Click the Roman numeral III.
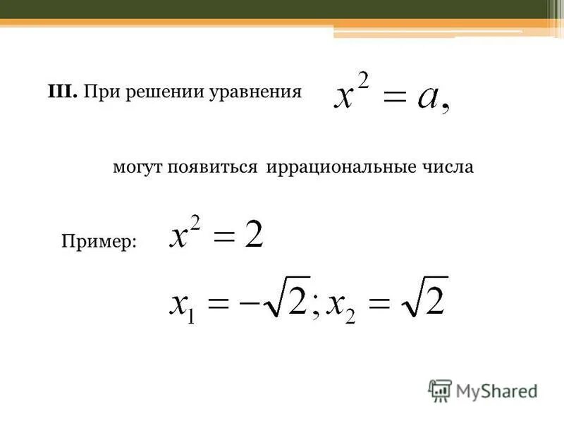click(62, 92)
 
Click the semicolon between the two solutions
click(315, 307)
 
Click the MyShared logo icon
click(440, 390)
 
